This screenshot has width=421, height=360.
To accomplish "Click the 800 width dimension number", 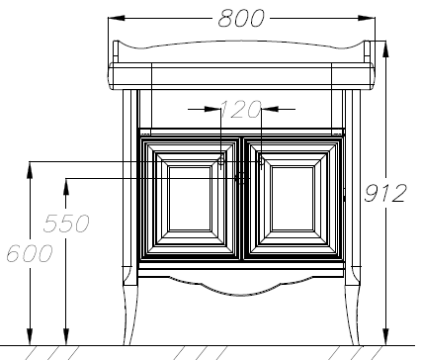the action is [x=241, y=18].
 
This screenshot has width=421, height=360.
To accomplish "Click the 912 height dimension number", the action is [x=385, y=193].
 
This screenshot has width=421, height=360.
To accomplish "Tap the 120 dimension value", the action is [x=240, y=110].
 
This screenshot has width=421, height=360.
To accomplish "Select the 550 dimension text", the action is [x=66, y=224].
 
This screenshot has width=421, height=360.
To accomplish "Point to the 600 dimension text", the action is [x=30, y=253].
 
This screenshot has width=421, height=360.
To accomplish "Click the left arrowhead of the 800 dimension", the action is [x=117, y=18].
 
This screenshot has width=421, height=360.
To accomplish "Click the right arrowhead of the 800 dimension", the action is [x=367, y=18].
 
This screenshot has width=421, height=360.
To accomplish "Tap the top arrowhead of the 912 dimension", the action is [x=386, y=48].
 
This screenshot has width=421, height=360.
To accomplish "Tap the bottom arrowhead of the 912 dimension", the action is [x=386, y=337].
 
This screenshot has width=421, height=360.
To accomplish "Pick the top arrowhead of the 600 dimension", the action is [x=30, y=170].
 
